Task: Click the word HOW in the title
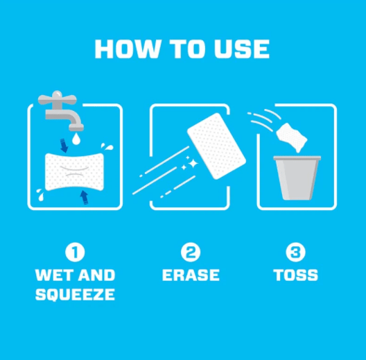123,49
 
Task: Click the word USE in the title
243,49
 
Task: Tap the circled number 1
75,251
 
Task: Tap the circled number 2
191,251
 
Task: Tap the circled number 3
296,251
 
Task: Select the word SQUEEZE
75,295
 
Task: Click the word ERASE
191,275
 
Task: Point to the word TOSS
296,275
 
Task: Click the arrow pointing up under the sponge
84,198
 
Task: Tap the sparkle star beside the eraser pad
192,163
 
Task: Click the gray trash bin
296,179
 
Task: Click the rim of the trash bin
296,159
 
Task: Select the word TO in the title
184,49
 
